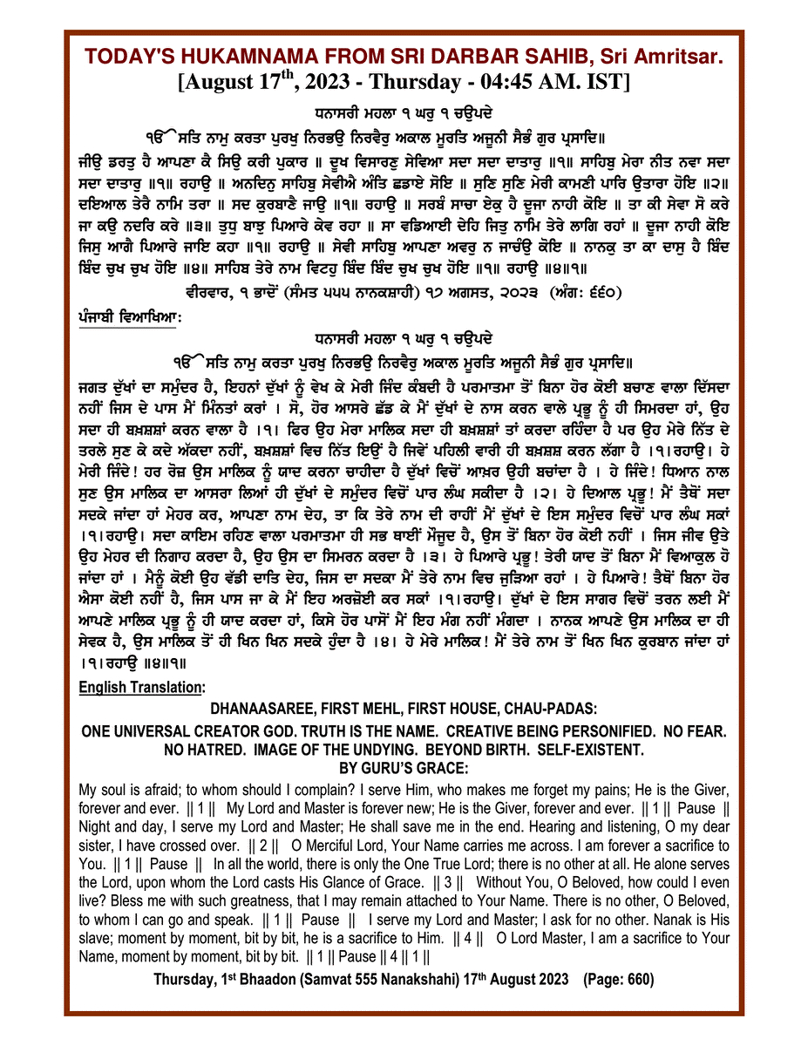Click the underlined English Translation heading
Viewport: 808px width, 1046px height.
[140, 688]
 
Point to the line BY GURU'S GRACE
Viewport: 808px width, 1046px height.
[403, 767]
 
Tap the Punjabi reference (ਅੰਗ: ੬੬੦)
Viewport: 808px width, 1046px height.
[582, 291]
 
